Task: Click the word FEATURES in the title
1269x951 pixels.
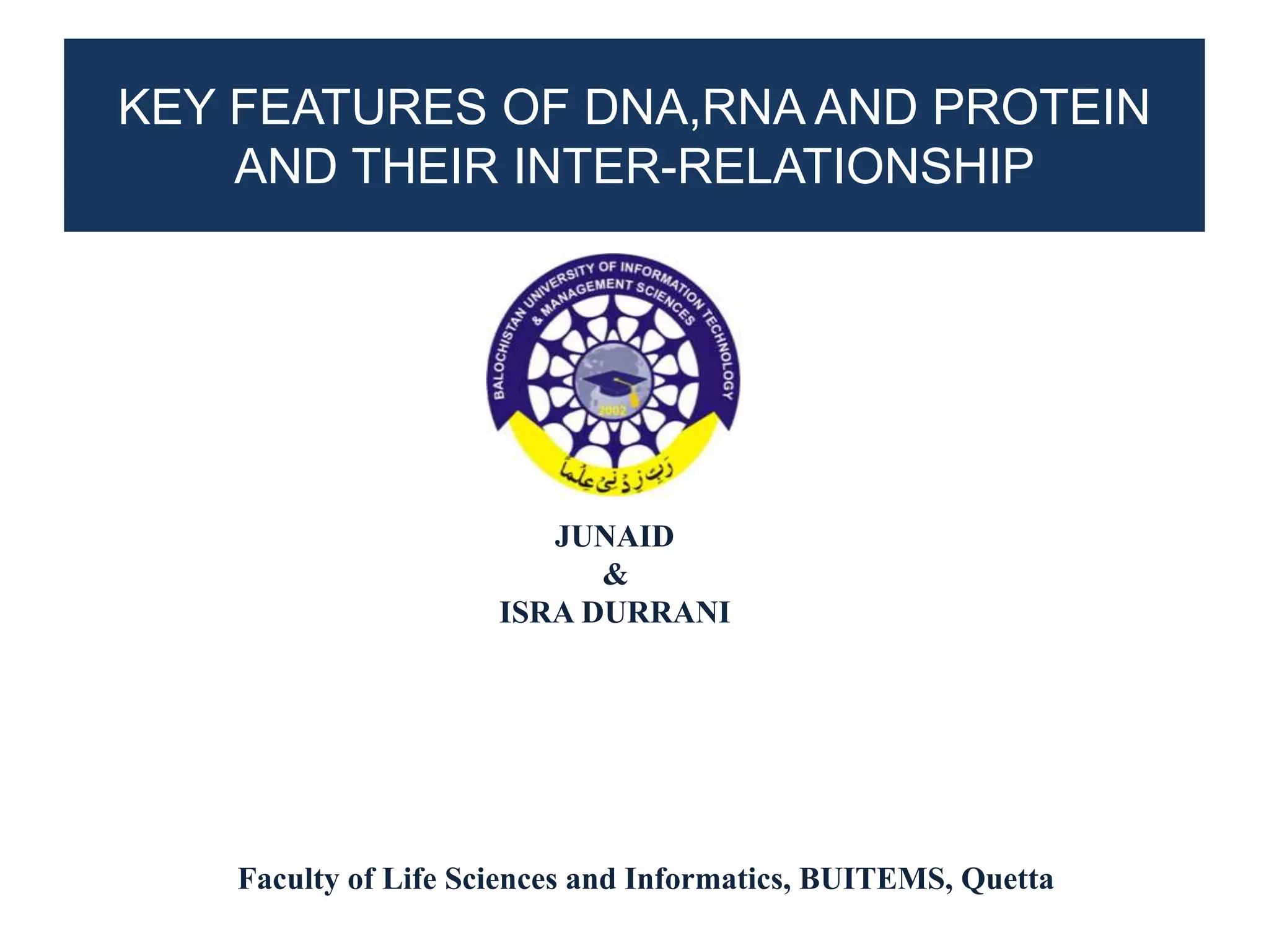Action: click(358, 108)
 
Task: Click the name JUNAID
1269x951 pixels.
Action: click(614, 537)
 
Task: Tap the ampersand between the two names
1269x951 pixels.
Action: click(615, 575)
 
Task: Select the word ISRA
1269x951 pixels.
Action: click(537, 613)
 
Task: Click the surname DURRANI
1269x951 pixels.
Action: click(656, 613)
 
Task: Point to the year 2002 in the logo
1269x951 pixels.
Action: click(612, 411)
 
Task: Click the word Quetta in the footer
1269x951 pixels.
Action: click(1007, 879)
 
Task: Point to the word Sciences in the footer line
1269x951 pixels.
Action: click(501, 879)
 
